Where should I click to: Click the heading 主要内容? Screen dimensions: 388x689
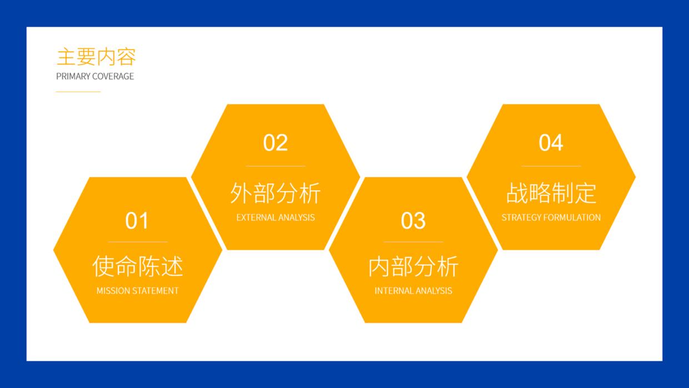(x=96, y=57)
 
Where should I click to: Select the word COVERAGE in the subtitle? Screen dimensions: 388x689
(x=114, y=76)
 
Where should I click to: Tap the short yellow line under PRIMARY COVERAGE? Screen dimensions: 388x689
(x=78, y=92)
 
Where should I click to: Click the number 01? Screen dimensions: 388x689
(x=137, y=221)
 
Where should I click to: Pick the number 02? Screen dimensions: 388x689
(x=276, y=143)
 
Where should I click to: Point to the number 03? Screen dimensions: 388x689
(x=413, y=221)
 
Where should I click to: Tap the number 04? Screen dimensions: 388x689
(x=551, y=143)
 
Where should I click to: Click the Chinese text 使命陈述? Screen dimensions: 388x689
(x=137, y=266)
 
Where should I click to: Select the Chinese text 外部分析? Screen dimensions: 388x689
(x=276, y=193)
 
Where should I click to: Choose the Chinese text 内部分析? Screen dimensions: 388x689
(x=413, y=266)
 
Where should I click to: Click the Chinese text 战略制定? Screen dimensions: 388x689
(x=551, y=193)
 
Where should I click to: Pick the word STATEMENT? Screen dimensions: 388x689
(x=156, y=291)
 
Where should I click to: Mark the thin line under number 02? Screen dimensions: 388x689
(x=276, y=166)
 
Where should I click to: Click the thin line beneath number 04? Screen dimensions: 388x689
(x=551, y=166)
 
